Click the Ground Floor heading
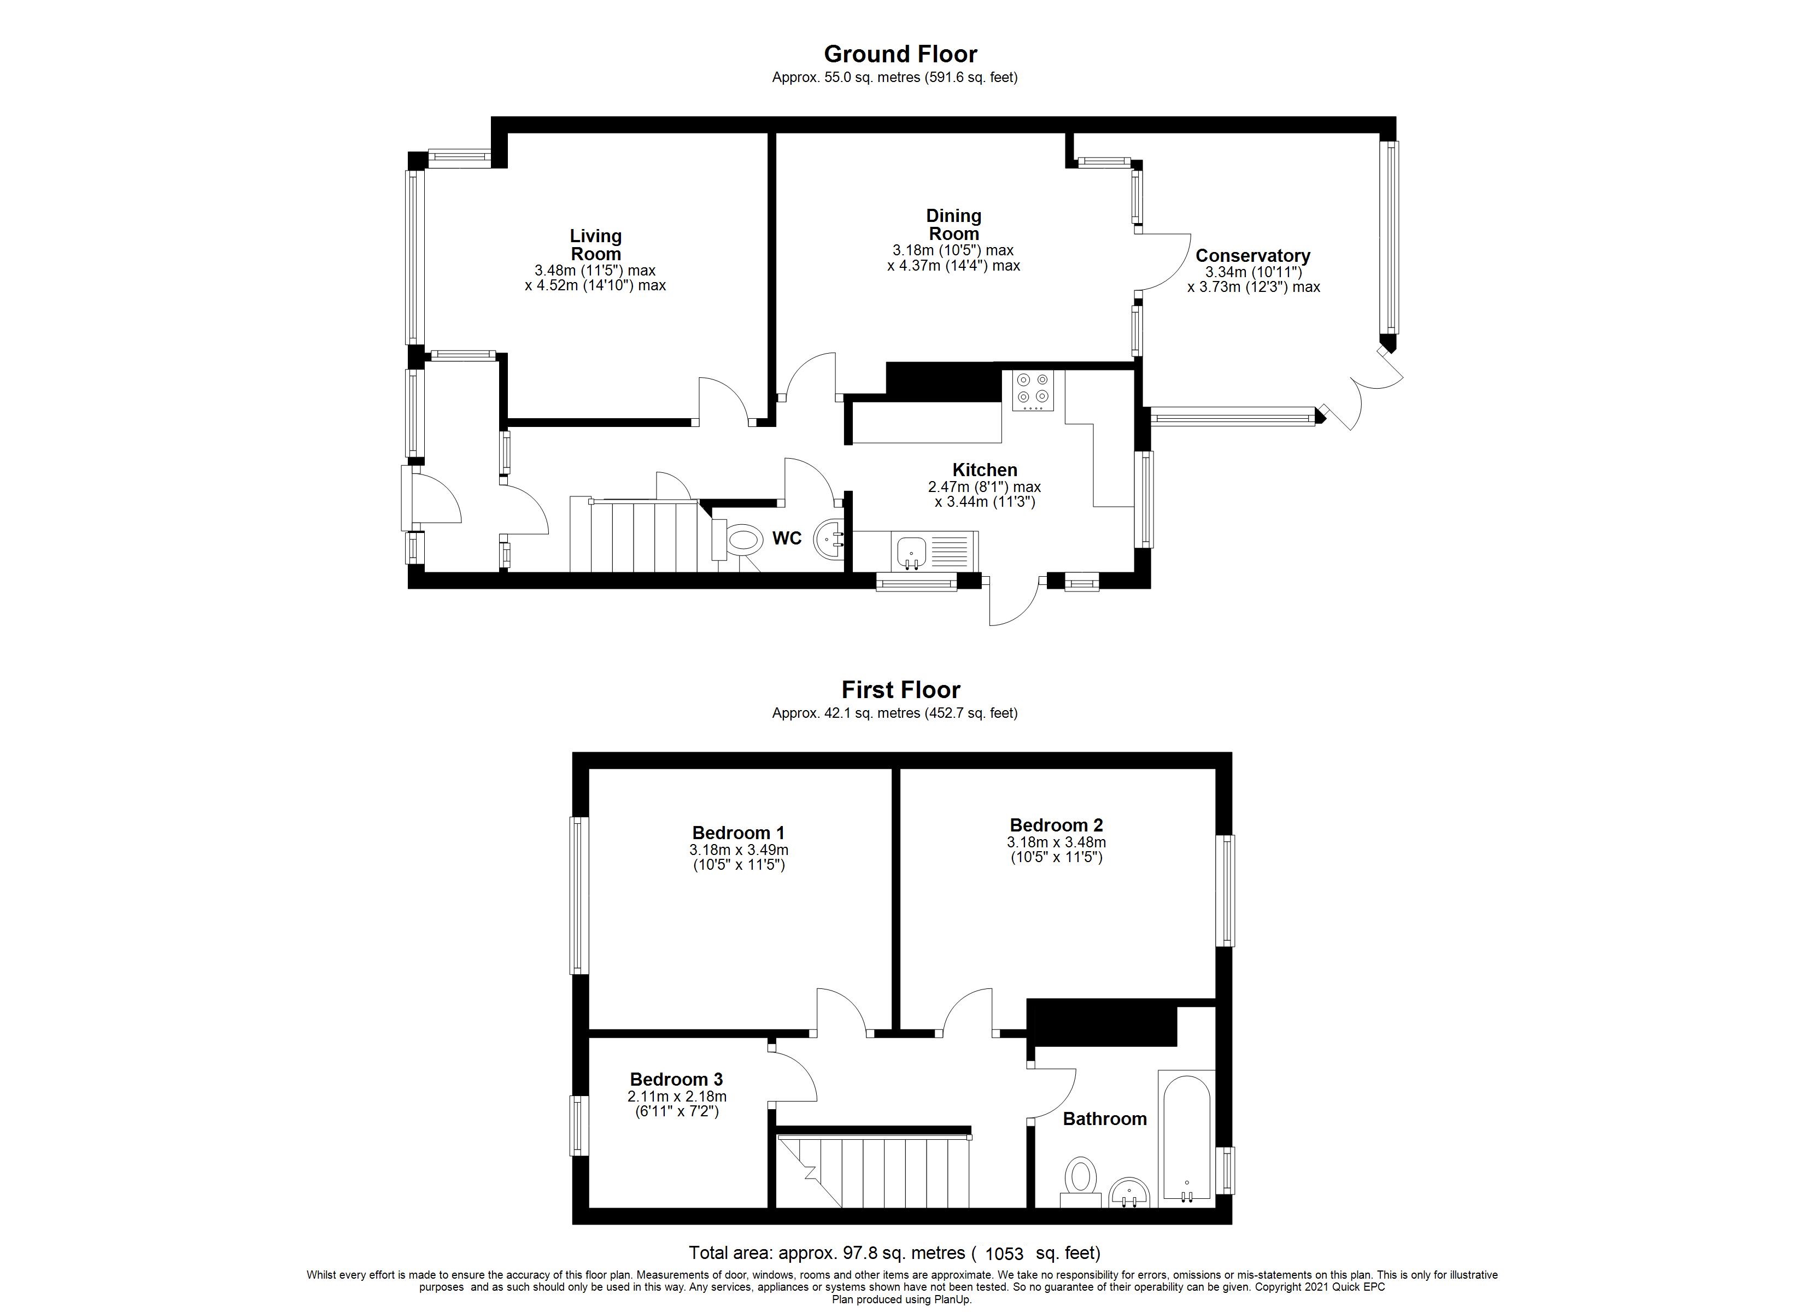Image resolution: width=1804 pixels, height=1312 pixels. pyautogui.click(x=900, y=54)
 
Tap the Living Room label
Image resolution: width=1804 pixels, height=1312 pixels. pyautogui.click(x=595, y=245)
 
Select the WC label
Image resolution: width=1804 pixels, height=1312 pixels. pyautogui.click(x=787, y=538)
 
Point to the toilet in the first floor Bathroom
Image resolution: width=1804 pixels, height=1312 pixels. pyautogui.click(x=1080, y=1181)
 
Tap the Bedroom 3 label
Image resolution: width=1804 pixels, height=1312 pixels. pyautogui.click(x=676, y=1080)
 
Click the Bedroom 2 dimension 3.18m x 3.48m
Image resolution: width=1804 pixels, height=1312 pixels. pyautogui.click(x=1056, y=842)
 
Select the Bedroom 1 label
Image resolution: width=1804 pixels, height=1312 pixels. pyautogui.click(x=738, y=833)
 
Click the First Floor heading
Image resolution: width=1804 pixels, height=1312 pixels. pyautogui.click(x=900, y=690)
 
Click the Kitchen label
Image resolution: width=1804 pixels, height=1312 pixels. pyautogui.click(x=985, y=470)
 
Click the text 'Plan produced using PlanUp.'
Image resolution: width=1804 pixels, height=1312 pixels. pyautogui.click(x=901, y=1300)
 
